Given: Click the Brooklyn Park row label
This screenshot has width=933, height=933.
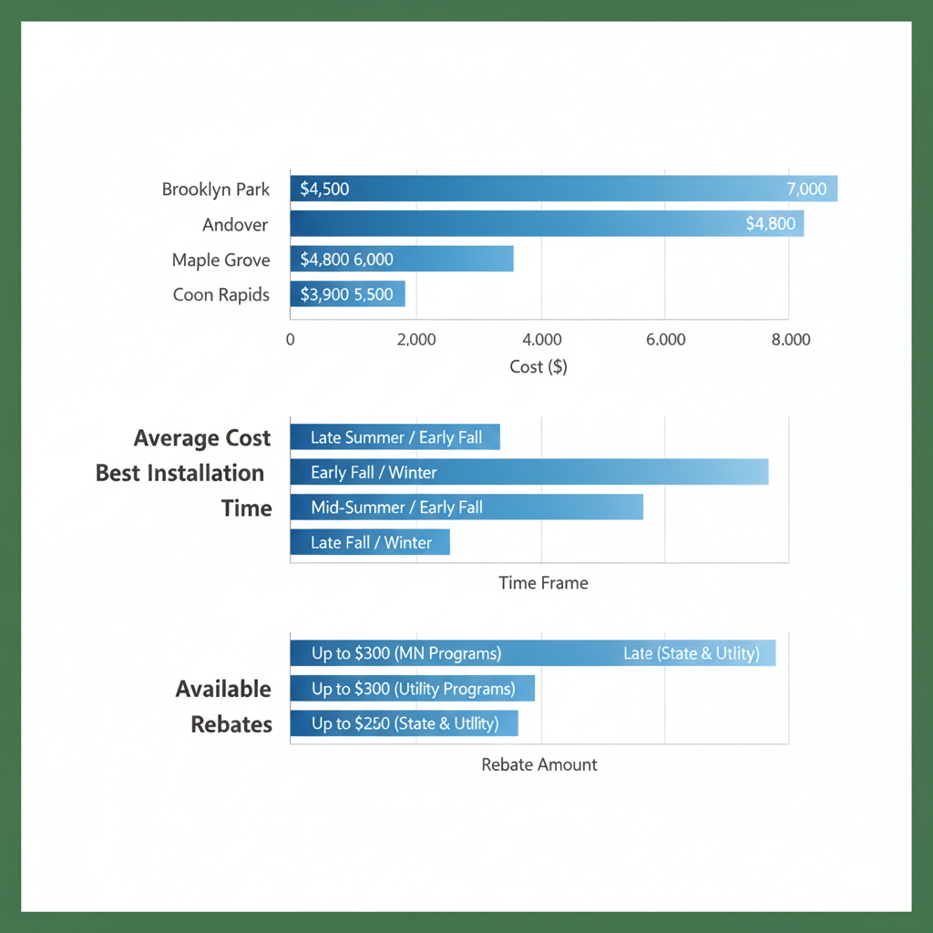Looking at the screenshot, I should [x=216, y=190].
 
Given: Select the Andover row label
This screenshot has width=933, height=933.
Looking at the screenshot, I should [x=236, y=224].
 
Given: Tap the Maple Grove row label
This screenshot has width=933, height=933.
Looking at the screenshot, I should [x=220, y=260].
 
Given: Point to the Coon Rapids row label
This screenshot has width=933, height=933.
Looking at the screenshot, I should [x=220, y=294].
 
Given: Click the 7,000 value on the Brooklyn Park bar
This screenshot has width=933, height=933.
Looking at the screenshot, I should [x=805, y=190].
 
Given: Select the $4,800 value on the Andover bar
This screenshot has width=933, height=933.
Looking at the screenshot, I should [x=770, y=224].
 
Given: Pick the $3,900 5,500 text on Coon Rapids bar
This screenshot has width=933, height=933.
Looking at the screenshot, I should [x=346, y=294].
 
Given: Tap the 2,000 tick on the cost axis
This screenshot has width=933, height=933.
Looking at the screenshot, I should [x=416, y=340].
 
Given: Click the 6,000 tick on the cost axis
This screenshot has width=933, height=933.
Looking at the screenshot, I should [x=665, y=340].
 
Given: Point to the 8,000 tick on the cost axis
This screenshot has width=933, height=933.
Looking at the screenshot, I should [x=790, y=340].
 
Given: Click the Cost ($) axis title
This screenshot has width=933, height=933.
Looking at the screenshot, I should [x=538, y=366].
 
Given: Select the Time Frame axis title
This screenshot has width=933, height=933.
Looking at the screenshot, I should [x=543, y=583].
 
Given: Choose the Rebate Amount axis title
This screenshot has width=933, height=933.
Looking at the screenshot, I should [x=539, y=764].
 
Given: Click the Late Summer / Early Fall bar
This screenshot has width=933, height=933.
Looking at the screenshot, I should [x=395, y=437].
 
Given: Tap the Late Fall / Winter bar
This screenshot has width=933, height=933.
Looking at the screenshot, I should [x=370, y=542].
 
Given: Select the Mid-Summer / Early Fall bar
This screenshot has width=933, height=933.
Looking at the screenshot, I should [x=466, y=507].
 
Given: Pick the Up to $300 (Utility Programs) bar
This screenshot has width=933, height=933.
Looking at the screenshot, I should [x=412, y=689].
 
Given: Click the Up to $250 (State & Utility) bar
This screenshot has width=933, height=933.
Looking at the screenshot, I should [x=404, y=723].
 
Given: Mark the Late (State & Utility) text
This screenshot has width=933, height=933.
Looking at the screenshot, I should [x=691, y=653].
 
